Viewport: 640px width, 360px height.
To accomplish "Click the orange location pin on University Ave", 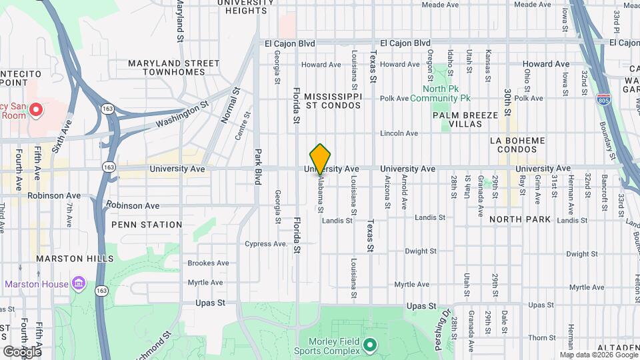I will pos(321,159).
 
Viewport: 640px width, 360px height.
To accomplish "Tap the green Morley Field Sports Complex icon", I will pos(370,347).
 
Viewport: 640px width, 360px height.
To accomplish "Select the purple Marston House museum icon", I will pos(79,285).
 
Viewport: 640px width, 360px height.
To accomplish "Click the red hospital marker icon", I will pos(35,109).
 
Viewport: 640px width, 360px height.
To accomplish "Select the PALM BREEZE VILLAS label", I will pos(465,119).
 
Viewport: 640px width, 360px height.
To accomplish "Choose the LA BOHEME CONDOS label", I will pos(517,145).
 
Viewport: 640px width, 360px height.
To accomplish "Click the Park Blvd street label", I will pos(258,167).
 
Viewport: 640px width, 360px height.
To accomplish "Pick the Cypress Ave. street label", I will pos(266,243).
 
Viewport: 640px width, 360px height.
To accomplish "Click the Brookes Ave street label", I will pos(208,263).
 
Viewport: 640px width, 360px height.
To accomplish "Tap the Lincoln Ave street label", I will pos(399,133).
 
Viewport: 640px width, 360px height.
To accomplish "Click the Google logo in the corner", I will pos(22,351).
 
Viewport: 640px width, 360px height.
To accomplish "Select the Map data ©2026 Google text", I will pos(598,355).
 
